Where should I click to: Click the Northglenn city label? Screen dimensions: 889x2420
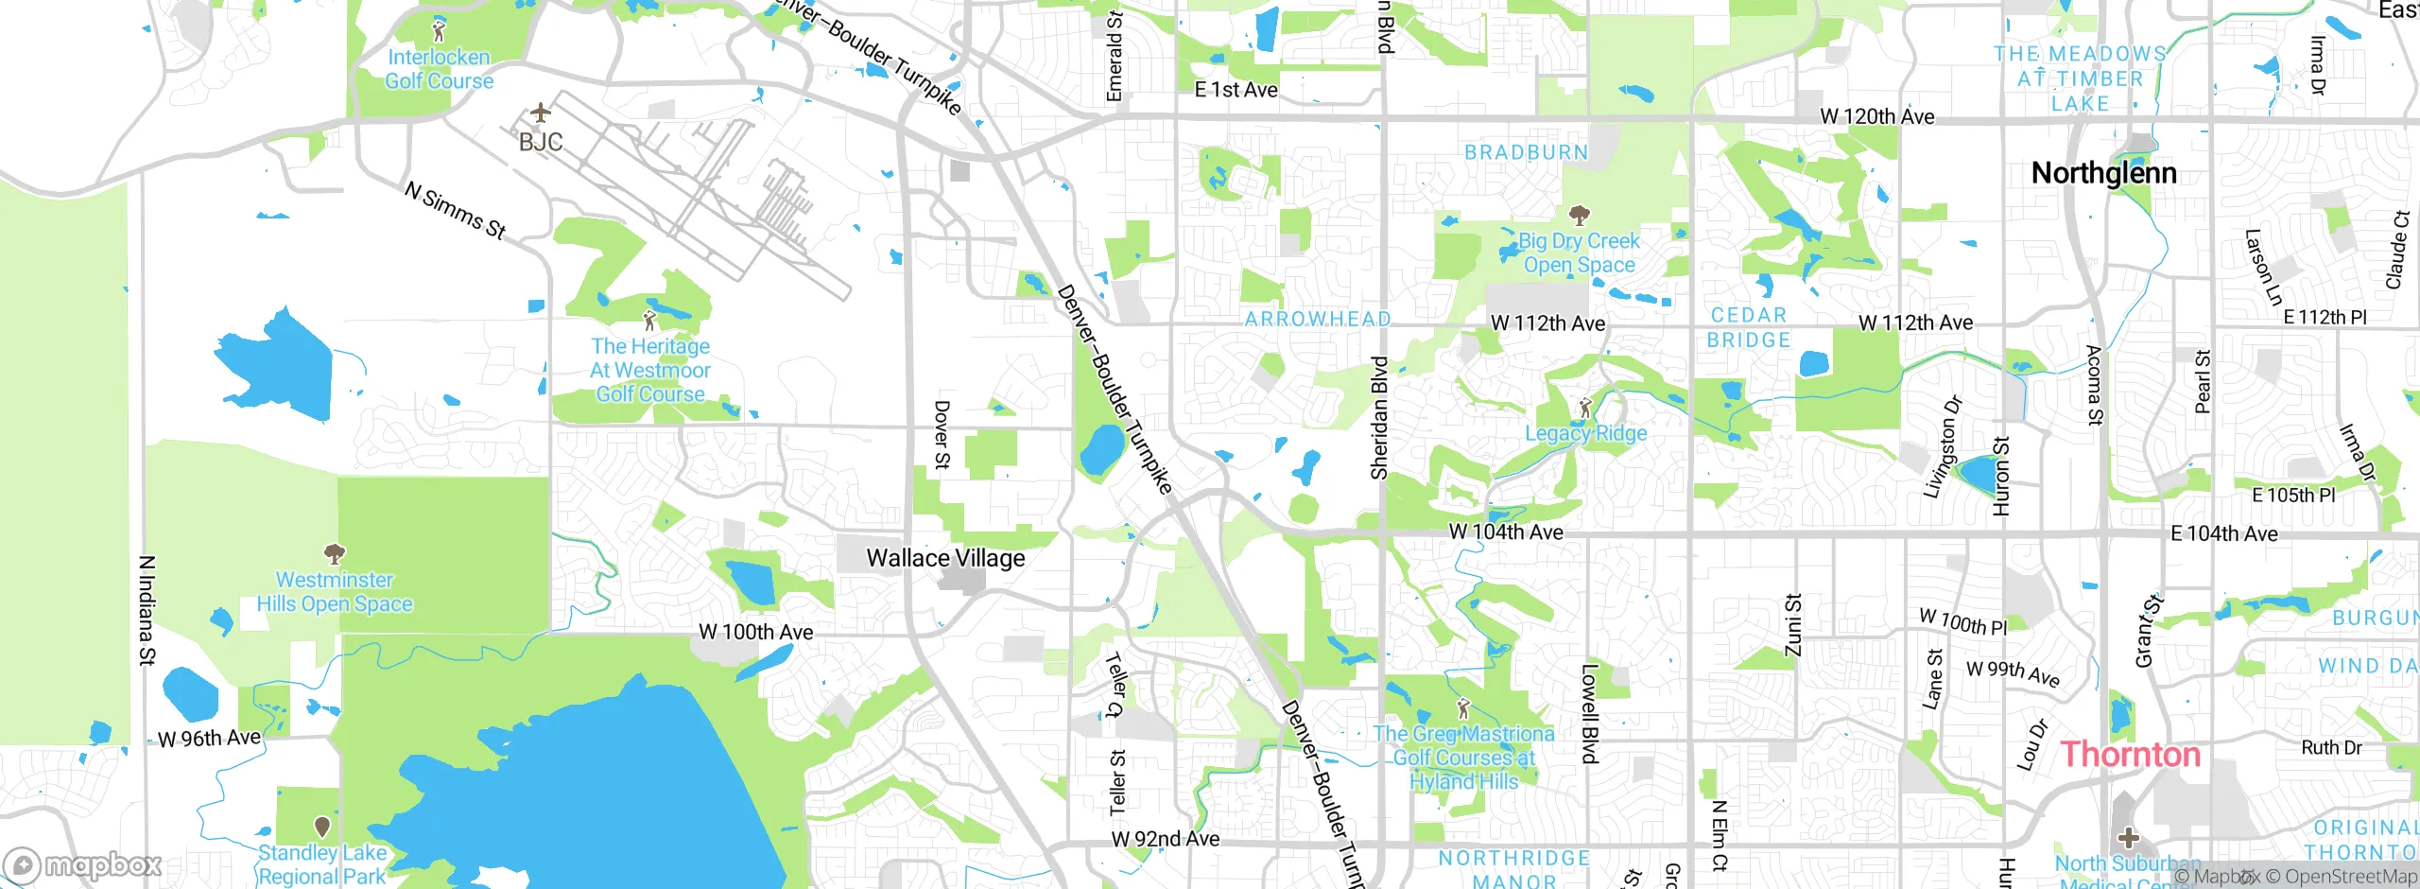coord(2103,173)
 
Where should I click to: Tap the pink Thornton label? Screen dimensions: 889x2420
coord(2131,755)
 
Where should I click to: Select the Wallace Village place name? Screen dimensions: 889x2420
coord(945,558)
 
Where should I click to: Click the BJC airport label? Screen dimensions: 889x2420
coord(541,143)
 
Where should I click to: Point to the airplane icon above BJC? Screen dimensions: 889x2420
coord(540,113)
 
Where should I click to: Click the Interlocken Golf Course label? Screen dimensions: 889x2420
coord(439,69)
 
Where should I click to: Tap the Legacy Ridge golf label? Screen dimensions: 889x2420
coord(1585,433)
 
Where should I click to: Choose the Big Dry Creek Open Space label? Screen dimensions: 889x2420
coord(1579,253)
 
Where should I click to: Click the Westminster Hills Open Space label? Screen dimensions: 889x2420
coord(335,592)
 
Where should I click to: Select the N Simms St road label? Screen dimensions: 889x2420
coord(455,210)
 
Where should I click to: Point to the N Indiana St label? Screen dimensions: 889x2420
coord(147,610)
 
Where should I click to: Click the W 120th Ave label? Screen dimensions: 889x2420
coord(1877,116)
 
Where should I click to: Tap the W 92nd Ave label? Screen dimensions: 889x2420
coord(1165,839)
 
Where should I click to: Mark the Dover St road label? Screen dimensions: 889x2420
coord(942,434)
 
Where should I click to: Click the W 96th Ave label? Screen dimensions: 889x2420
coord(209,739)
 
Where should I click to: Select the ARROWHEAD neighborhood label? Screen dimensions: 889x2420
coord(1317,319)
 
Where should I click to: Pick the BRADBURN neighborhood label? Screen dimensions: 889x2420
coord(1526,152)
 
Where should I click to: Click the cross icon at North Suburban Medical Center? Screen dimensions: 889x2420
coord(2128,837)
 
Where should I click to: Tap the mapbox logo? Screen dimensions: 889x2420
coord(83,864)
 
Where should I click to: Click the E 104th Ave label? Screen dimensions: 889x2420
coord(2223,533)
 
